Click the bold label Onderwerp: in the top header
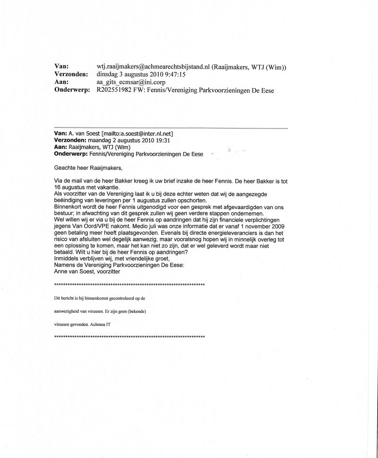click(x=72, y=90)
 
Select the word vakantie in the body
click(x=109, y=187)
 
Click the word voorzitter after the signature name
click(x=109, y=272)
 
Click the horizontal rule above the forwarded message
click(x=171, y=127)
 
